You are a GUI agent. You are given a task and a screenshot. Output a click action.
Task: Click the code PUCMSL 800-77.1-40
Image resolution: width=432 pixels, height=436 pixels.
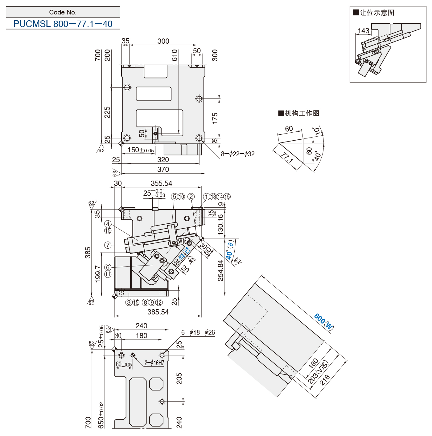pos(63,24)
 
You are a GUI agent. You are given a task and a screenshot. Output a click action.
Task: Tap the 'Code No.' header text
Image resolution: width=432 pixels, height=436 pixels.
pos(63,12)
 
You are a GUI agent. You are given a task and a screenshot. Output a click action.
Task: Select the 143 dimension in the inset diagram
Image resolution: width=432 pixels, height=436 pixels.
pos(364,31)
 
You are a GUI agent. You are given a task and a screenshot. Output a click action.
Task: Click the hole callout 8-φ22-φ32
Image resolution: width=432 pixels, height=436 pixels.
pos(237,154)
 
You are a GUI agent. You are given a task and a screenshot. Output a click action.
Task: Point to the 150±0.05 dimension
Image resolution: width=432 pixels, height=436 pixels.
pos(141,150)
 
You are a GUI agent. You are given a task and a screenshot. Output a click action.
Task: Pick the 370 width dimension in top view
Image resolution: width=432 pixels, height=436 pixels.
pos(163,170)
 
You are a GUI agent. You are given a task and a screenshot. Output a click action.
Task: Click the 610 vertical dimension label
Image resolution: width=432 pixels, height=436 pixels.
pos(175,55)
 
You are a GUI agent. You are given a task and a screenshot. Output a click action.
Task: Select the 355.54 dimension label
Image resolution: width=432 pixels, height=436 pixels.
pos(161,183)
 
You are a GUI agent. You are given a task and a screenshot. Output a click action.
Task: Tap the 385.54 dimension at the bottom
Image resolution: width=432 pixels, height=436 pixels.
pos(158,312)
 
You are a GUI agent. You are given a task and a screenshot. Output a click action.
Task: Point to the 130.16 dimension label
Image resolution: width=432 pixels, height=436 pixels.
pos(220,225)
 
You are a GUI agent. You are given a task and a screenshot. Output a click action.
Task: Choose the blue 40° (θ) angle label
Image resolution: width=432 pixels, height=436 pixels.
pos(230,250)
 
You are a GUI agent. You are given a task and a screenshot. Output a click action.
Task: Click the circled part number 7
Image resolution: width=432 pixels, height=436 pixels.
pos(108,245)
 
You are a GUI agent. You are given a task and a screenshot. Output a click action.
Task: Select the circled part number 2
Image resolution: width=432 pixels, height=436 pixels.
pos(191,197)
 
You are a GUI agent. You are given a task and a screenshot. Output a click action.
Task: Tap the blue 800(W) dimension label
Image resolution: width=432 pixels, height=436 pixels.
pos(324,322)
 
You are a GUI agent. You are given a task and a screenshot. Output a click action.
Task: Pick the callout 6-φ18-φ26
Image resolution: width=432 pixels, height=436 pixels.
pos(198,332)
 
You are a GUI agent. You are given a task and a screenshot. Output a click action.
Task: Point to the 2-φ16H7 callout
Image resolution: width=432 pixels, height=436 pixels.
pos(154,363)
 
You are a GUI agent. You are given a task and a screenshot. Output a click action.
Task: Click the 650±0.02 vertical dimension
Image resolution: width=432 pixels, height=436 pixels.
pos(101,415)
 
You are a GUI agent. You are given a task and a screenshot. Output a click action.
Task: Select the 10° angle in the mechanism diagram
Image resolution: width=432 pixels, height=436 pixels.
pos(316,131)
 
